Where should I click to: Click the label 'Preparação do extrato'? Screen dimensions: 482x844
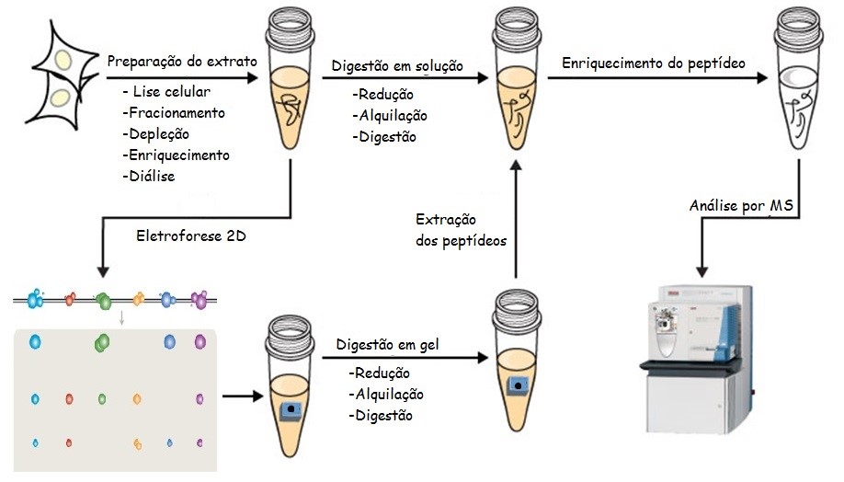[180, 62]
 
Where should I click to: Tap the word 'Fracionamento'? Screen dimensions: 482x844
[174, 112]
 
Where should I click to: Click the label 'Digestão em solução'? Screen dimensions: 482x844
[397, 65]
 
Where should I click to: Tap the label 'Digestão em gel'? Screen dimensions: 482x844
[388, 344]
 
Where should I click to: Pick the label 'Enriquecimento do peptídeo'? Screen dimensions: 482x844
[653, 63]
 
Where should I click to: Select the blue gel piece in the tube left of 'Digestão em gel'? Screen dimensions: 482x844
[291, 408]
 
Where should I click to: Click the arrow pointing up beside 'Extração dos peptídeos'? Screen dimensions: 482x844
[516, 221]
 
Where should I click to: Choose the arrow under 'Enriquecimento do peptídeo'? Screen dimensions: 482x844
[656, 79]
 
